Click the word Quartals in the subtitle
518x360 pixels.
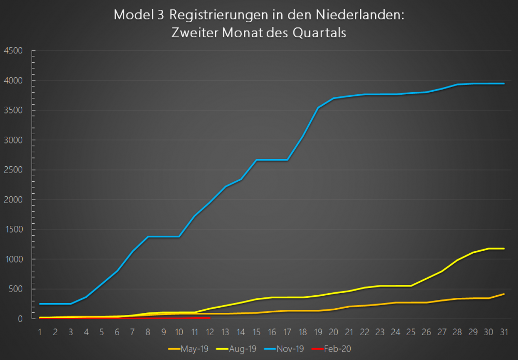[319, 32]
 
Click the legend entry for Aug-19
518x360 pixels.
[243, 349]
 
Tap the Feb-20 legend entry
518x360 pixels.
[339, 349]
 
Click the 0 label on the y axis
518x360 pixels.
[20, 319]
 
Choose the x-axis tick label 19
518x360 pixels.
[318, 331]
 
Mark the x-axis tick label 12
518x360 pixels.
[210, 331]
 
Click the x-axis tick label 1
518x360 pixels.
[40, 331]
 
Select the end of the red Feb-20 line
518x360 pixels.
[210, 318]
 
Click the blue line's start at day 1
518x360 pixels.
[40, 304]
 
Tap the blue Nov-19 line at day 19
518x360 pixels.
[318, 108]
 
